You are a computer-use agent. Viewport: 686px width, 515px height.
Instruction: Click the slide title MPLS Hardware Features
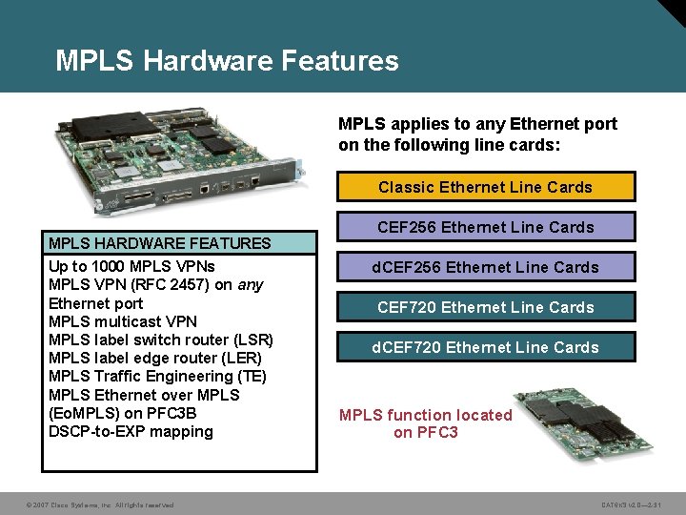pyautogui.click(x=227, y=61)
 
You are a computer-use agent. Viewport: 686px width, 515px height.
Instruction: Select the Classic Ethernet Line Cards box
pyautogui.click(x=485, y=187)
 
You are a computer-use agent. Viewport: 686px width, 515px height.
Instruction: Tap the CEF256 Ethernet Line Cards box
pyautogui.click(x=485, y=227)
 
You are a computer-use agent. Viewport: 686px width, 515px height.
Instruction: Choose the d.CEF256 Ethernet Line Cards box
pyautogui.click(x=485, y=267)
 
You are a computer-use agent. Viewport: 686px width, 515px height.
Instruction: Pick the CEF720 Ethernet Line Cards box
pyautogui.click(x=485, y=307)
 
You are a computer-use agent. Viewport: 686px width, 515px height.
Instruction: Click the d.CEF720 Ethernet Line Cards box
pyautogui.click(x=485, y=347)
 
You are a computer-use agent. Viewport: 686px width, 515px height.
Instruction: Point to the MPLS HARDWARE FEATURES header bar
pyautogui.click(x=179, y=243)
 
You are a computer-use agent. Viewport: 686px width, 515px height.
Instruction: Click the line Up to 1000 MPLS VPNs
pyautogui.click(x=131, y=266)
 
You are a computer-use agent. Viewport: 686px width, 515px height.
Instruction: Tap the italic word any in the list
pyautogui.click(x=251, y=284)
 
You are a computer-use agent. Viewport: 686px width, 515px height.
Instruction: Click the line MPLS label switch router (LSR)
pyautogui.click(x=160, y=340)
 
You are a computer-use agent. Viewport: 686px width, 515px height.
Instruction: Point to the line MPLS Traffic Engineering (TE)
pyautogui.click(x=157, y=376)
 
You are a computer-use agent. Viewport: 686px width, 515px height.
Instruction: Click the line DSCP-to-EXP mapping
pyautogui.click(x=131, y=431)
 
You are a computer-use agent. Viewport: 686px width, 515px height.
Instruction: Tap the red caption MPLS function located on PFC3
pyautogui.click(x=426, y=423)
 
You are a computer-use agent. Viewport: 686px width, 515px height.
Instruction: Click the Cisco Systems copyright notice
pyautogui.click(x=100, y=505)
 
